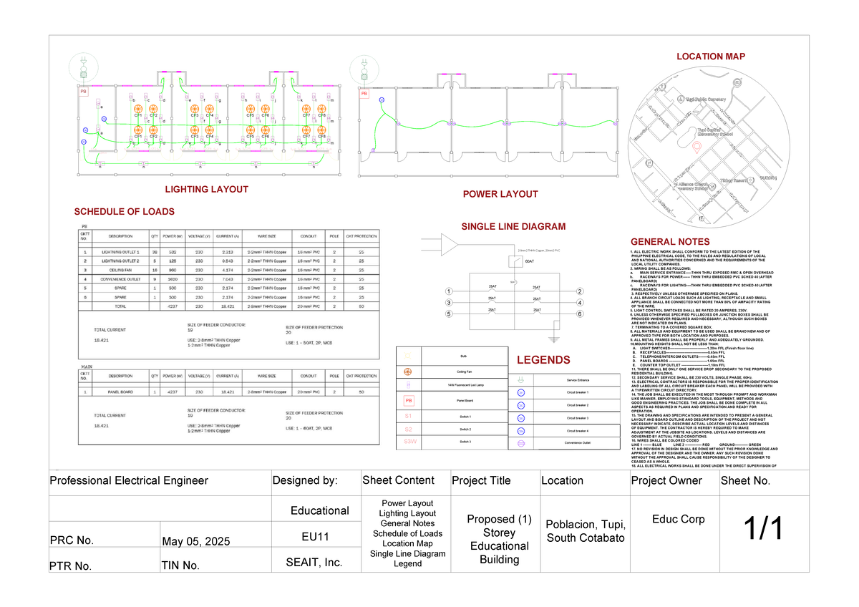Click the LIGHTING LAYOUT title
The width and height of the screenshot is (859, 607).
206,190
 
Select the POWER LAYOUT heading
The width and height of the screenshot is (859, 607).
500,194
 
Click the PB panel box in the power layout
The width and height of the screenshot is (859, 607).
364,94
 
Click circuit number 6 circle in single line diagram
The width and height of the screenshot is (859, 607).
580,314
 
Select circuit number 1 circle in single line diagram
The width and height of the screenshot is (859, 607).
448,291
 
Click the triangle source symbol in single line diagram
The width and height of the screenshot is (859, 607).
450,248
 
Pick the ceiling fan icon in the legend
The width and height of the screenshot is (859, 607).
409,372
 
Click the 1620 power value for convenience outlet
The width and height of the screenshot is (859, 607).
174,278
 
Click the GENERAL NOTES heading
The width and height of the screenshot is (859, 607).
669,242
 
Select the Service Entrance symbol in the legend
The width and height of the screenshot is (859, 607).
521,379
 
